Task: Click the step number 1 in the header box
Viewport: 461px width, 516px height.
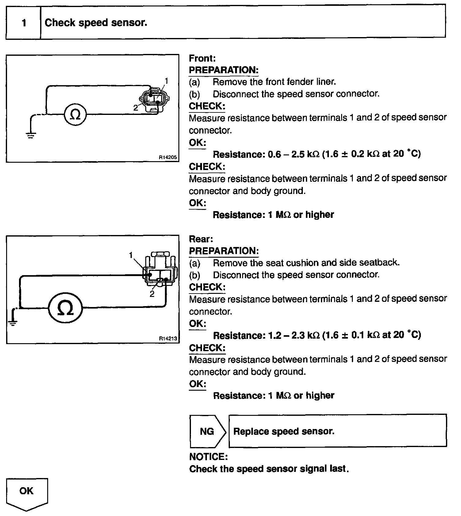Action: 24,23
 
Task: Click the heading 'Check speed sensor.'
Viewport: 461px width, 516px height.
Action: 96,23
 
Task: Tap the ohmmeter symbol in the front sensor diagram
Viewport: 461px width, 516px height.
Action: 75,115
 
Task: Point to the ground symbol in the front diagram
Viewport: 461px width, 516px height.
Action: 31,135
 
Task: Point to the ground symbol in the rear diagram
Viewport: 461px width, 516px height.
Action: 13,323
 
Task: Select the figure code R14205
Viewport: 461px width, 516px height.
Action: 168,157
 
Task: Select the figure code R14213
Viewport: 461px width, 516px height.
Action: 168,339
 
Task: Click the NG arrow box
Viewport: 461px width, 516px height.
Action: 208,431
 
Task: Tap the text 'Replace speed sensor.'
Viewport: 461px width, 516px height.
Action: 284,431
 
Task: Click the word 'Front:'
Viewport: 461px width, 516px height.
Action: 202,58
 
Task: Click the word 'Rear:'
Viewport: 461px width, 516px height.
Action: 201,239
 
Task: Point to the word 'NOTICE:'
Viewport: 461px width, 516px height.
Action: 208,457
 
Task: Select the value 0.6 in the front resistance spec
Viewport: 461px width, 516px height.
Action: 274,154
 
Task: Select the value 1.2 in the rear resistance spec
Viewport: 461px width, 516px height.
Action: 275,336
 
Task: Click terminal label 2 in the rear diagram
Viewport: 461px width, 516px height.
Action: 152,294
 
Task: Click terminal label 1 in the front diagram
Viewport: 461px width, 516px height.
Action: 166,81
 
